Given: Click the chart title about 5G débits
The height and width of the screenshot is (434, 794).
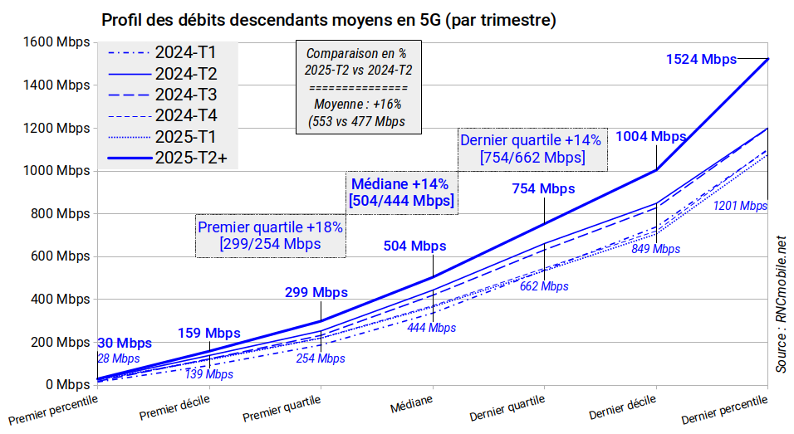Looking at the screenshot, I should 328,18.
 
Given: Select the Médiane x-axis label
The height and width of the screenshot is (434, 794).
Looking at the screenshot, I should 411,403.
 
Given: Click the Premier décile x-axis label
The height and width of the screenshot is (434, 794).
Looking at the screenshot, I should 174,406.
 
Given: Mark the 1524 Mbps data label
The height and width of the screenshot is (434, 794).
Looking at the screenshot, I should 701,59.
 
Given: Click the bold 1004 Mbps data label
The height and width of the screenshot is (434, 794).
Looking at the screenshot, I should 650,137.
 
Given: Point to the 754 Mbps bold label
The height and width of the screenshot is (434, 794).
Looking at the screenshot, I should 543,188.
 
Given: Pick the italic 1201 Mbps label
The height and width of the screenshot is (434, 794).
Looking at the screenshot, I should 740,205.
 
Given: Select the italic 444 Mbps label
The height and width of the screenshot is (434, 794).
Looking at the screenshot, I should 431,328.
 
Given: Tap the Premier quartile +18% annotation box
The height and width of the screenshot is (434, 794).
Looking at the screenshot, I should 270,235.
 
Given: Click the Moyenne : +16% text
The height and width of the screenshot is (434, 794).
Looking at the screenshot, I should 357,105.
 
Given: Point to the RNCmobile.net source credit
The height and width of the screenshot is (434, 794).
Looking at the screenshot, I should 781,304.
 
